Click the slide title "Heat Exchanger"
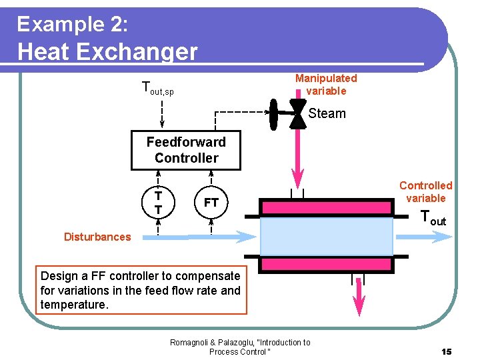[x=107, y=51]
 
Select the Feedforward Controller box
[x=186, y=150]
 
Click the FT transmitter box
[x=211, y=202]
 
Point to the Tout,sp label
[x=158, y=88]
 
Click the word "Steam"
[x=327, y=113]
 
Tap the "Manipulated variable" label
[x=326, y=85]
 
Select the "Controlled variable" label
[x=425, y=192]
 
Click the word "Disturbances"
[x=97, y=237]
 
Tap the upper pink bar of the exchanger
[x=326, y=207]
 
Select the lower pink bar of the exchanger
[x=326, y=265]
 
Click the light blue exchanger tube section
[x=326, y=236]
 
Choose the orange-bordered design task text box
[x=141, y=290]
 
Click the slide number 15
[x=446, y=351]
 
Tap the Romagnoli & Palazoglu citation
[x=240, y=347]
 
